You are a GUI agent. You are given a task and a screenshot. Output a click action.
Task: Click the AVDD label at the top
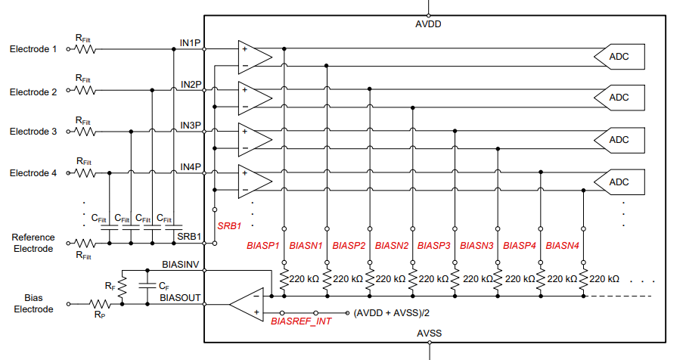click(x=428, y=24)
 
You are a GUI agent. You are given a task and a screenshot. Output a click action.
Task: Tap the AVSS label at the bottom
click(x=429, y=334)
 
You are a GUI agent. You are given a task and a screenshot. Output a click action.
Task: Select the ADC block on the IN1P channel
click(x=619, y=57)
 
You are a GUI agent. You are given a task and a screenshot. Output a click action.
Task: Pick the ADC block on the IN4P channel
click(x=619, y=182)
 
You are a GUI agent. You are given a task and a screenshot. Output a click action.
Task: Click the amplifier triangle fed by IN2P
click(x=253, y=98)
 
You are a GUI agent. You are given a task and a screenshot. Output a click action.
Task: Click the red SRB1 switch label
click(x=229, y=226)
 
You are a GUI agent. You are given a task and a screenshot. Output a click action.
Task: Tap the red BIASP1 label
click(x=263, y=246)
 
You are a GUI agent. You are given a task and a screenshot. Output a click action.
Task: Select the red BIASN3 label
click(x=476, y=246)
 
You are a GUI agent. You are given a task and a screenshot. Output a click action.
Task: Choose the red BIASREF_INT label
click(x=301, y=321)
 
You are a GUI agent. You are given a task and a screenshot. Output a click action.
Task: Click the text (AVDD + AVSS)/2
click(x=392, y=313)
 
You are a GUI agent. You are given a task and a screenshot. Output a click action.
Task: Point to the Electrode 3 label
click(x=33, y=132)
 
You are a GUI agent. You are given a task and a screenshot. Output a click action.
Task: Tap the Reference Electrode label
click(x=33, y=243)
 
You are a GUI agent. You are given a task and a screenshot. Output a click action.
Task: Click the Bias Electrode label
click(x=33, y=303)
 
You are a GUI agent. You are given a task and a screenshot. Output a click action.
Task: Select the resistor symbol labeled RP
click(x=100, y=303)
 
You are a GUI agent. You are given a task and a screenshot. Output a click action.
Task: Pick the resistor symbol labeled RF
click(x=122, y=287)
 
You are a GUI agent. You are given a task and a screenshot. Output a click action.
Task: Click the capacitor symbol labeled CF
click(x=147, y=285)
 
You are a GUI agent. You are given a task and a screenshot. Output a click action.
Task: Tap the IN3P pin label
click(x=191, y=126)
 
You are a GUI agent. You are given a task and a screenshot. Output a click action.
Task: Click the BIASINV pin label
click(x=180, y=265)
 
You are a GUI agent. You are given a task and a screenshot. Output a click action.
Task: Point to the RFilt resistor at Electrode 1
click(x=85, y=49)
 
